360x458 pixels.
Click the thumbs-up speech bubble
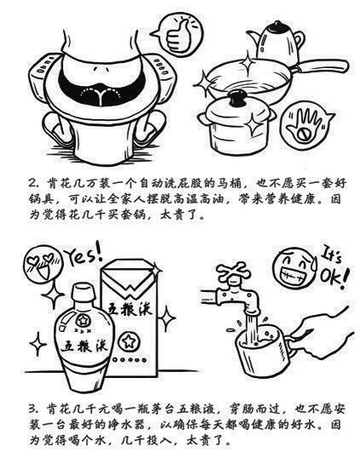click(177, 34)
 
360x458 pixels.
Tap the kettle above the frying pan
click(276, 42)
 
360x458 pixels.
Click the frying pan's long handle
click(322, 66)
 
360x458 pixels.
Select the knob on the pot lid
click(238, 98)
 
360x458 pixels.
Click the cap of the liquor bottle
click(83, 293)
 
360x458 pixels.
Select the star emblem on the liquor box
click(128, 341)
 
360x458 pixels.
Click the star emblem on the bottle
click(83, 321)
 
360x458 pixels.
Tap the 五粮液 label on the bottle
click(84, 346)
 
